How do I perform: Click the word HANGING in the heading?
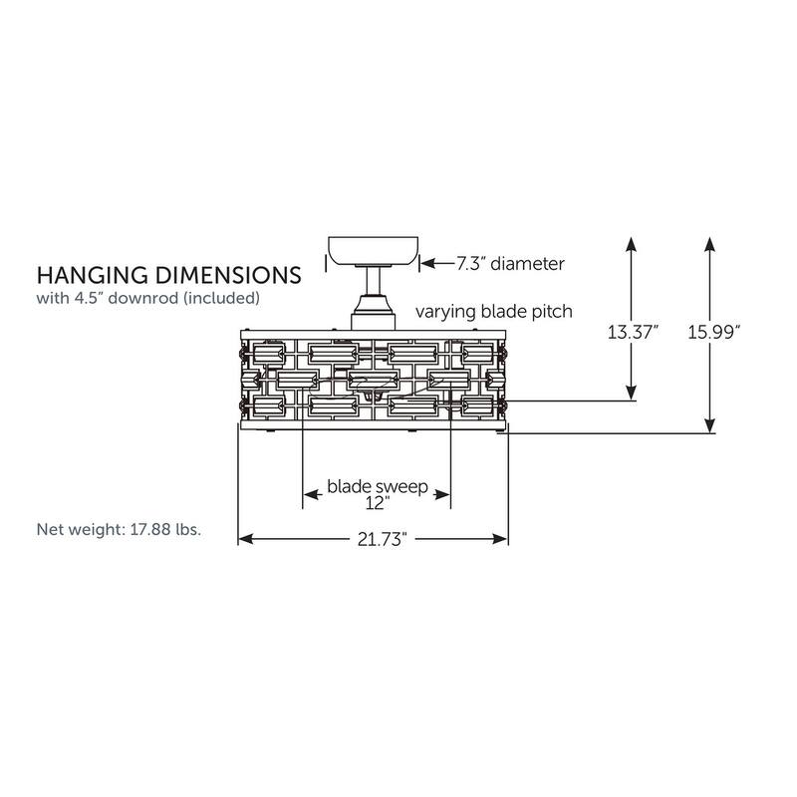click(93, 275)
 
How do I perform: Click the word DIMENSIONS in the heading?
click(229, 275)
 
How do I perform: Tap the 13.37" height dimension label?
click(633, 333)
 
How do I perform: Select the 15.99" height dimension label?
click(713, 333)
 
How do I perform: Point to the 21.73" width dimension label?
click(383, 539)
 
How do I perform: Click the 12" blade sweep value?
click(378, 503)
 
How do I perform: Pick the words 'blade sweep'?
click(378, 487)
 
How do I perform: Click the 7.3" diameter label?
click(510, 264)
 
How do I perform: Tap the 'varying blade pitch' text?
click(493, 312)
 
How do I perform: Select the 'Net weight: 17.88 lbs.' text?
click(119, 530)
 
